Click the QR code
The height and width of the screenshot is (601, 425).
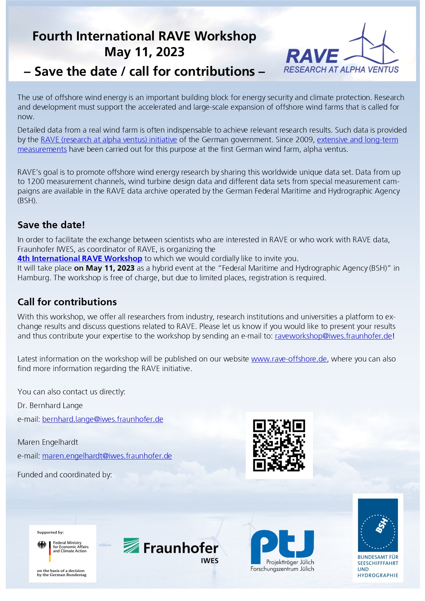tap(279, 445)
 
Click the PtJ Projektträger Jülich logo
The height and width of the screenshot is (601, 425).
tap(282, 550)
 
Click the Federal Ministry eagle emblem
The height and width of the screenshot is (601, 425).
tap(42, 545)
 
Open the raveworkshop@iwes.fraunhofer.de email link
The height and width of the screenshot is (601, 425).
tap(333, 336)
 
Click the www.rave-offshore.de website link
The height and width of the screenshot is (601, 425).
tap(289, 359)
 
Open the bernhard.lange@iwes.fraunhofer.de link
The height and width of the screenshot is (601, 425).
tap(102, 419)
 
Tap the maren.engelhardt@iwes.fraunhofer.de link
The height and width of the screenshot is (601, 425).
tap(107, 456)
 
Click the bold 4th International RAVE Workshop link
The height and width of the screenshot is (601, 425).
tap(80, 258)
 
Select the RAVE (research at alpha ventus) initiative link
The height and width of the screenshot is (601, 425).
tap(109, 139)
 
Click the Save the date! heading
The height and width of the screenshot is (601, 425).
tap(51, 225)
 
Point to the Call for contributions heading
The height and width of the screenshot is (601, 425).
tap(67, 302)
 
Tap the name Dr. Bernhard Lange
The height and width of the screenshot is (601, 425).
tap(50, 405)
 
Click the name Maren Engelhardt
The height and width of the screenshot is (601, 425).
tap(48, 442)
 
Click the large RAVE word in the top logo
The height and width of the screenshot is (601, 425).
tap(312, 56)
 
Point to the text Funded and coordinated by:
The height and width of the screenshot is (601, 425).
tap(65, 475)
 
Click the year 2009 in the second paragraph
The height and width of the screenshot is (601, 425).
tap(305, 139)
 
